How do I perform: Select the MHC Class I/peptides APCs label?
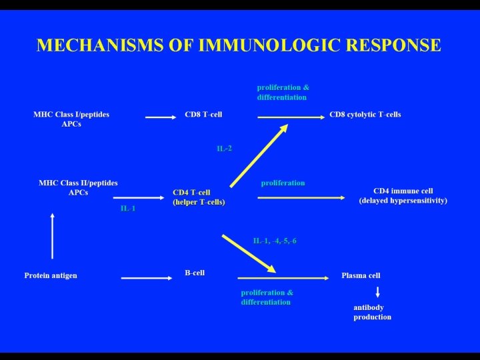click(x=71, y=119)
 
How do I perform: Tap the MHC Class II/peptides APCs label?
click(x=78, y=187)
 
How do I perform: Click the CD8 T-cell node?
click(x=203, y=115)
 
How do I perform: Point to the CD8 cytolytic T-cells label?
click(x=365, y=115)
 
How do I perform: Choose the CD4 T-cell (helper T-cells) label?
click(x=199, y=197)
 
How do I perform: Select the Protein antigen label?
click(x=51, y=275)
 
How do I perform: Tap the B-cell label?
click(x=195, y=273)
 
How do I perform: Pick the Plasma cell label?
click(x=361, y=275)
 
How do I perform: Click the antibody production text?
click(x=372, y=312)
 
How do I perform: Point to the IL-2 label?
click(x=224, y=149)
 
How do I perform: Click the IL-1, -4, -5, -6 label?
click(x=275, y=241)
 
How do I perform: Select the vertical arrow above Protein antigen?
click(x=53, y=236)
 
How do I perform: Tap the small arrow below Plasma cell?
click(x=378, y=292)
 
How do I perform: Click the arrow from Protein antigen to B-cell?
click(x=147, y=278)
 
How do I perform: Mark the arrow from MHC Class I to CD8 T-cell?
click(x=161, y=117)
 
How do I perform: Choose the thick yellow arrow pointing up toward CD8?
click(x=259, y=155)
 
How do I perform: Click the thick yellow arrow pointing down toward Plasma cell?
click(x=249, y=253)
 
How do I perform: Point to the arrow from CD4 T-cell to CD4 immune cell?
click(x=301, y=198)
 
